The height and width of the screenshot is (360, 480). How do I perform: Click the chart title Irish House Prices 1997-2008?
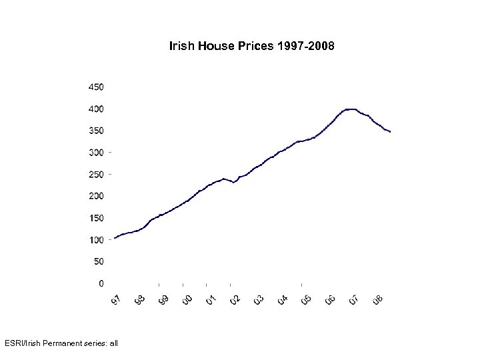point(252,47)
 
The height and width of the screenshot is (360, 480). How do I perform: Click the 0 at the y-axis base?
point(101,283)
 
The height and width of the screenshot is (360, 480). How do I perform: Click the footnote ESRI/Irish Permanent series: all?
point(59,343)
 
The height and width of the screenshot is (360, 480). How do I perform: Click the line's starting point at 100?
point(115,238)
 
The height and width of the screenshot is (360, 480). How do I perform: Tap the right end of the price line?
point(390,132)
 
